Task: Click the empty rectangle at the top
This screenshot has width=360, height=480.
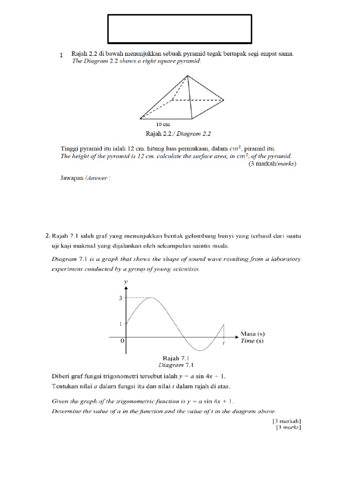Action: point(180,29)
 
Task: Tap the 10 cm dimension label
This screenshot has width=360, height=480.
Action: point(163,125)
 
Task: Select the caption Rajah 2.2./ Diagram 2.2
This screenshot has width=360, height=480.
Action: point(180,134)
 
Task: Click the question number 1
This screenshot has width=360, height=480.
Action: point(61,55)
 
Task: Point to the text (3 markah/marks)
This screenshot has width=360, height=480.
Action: point(272,164)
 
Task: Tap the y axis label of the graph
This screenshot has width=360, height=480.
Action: point(125,281)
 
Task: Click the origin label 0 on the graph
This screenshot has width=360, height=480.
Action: point(122,342)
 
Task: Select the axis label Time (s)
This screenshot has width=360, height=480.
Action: point(252,341)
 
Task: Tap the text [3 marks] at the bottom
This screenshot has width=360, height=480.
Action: point(288,427)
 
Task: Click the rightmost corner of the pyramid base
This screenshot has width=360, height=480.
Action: point(224,100)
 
